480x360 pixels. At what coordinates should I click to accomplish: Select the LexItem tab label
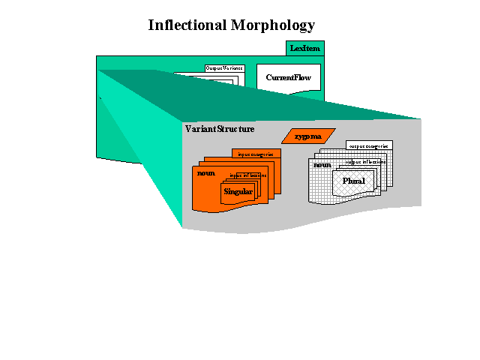[x=305, y=49]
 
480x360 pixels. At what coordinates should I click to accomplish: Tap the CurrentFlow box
[x=288, y=78]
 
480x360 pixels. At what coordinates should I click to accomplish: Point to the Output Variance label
[x=224, y=68]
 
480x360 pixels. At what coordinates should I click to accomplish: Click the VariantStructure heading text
[x=219, y=129]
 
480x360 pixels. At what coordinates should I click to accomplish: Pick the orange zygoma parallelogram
[x=307, y=136]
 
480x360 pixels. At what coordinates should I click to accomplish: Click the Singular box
[x=238, y=192]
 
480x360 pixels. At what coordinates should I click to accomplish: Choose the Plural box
[x=354, y=182]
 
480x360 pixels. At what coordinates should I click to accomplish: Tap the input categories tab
[x=256, y=154]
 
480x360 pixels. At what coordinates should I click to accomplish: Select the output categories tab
[x=369, y=145]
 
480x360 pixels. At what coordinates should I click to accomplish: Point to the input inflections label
[x=247, y=175]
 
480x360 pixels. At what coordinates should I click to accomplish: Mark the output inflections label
[x=365, y=162]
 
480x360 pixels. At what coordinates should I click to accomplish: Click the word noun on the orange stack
[x=205, y=173]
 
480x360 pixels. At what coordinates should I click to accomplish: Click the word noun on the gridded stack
[x=322, y=165]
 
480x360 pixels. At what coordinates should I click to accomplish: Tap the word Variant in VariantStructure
[x=201, y=129]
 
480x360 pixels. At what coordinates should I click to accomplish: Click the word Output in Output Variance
[x=214, y=68]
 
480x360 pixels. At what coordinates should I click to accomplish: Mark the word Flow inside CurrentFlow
[x=302, y=78]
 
